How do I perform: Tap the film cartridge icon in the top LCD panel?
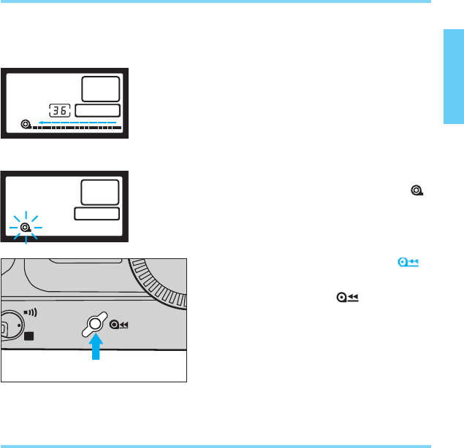click(x=26, y=125)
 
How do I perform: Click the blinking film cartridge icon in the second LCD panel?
click(x=26, y=228)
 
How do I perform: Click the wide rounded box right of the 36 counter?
click(x=98, y=110)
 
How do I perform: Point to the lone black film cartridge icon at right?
click(x=416, y=190)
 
